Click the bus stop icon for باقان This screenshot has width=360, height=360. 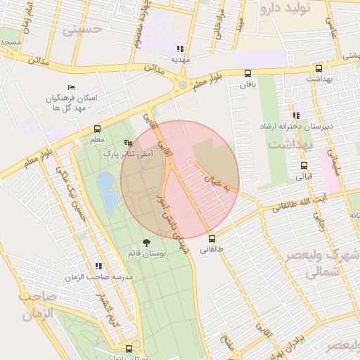coord(247,73)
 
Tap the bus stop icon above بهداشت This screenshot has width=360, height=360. coord(319,69)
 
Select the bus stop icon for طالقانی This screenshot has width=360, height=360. coord(212,238)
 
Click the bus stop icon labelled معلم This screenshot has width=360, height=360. coord(97,129)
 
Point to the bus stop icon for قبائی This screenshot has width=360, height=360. coord(304,165)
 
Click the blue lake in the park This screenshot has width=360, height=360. coord(108,193)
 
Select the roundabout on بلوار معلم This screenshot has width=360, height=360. coord(183,85)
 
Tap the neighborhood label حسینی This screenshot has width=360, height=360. coord(77,31)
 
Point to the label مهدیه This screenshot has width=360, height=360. coord(181,60)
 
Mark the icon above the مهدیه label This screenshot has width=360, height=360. coord(180,49)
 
